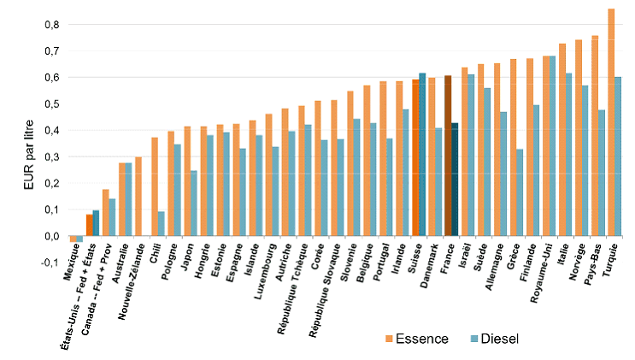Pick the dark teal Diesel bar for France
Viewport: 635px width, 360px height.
456,180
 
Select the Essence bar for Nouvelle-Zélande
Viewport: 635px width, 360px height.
138,197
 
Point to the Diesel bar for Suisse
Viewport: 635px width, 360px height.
422,155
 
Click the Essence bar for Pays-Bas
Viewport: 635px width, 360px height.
594,136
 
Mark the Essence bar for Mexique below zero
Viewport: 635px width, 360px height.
73,239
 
